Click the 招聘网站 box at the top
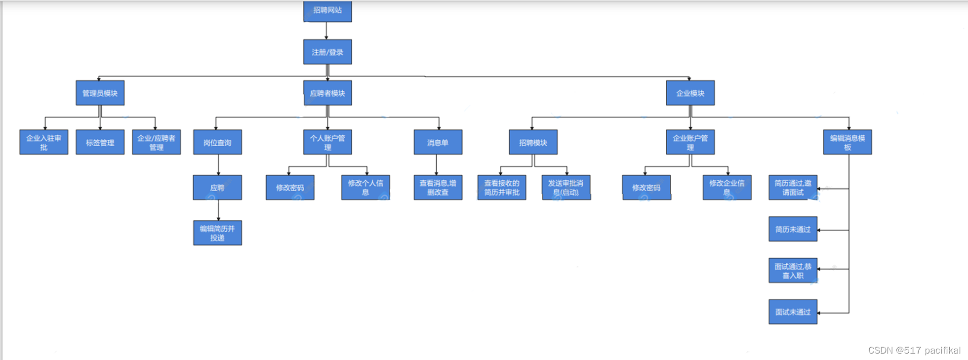tap(327, 11)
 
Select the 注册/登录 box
tap(327, 52)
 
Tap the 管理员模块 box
tap(100, 93)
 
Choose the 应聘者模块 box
tap(327, 93)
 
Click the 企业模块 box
tap(690, 93)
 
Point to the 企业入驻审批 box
tap(44, 142)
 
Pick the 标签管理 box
tap(100, 142)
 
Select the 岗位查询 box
tap(217, 142)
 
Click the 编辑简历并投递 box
tap(217, 233)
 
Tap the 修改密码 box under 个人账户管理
tap(290, 188)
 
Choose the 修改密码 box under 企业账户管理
tap(646, 188)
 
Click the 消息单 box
tap(438, 142)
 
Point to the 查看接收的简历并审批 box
tap(502, 188)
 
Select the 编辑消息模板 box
tap(847, 142)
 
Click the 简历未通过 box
tap(793, 229)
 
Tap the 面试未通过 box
tap(793, 312)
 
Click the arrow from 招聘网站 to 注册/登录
tap(326, 31)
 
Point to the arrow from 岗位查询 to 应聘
tap(218, 165)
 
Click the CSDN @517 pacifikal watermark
tap(914, 350)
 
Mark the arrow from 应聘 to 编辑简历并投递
tap(218, 210)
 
